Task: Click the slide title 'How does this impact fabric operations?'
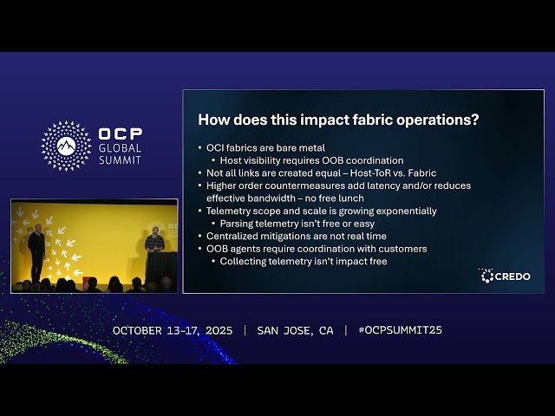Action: [x=338, y=120]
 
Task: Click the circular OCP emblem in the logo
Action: [x=66, y=146]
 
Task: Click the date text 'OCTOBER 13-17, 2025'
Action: [x=173, y=330]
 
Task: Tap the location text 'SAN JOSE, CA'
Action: [x=295, y=330]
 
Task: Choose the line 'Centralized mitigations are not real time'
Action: [x=297, y=236]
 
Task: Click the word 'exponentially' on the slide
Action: [x=406, y=211]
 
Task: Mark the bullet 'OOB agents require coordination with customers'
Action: [x=317, y=249]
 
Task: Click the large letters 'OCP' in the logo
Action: [x=121, y=134]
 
